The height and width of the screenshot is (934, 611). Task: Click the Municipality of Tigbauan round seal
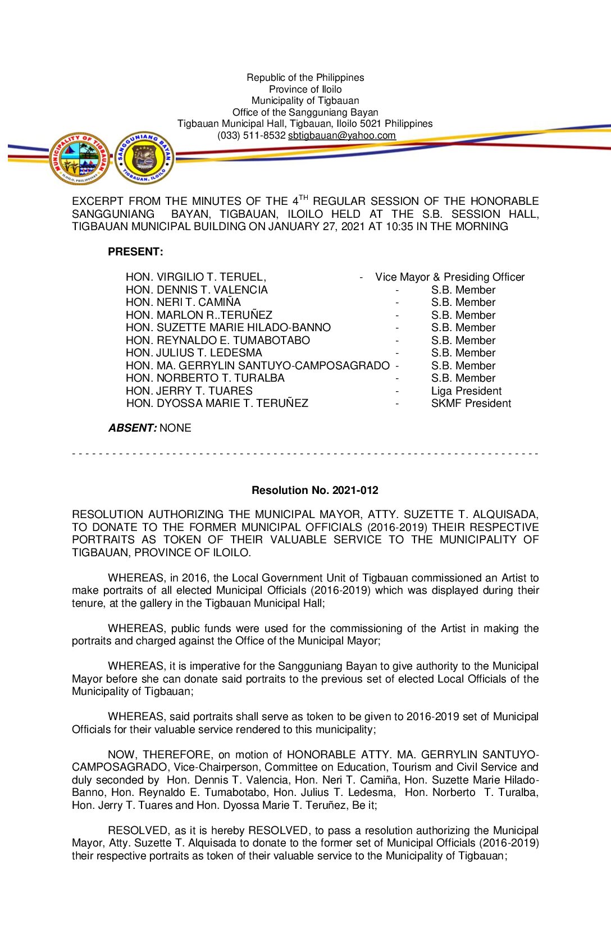pos(79,158)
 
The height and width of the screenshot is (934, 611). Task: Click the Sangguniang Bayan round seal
pos(144,158)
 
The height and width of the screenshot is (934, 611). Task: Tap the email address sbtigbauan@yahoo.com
pos(341,135)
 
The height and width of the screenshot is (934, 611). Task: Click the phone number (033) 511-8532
pos(252,135)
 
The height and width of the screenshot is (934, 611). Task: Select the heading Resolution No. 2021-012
pos(314,490)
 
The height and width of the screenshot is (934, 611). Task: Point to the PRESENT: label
pos(135,251)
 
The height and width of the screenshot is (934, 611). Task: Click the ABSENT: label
pos(133,428)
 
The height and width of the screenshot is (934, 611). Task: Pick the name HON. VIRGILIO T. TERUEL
pos(195,277)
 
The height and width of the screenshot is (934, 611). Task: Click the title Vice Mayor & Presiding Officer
pos(450,277)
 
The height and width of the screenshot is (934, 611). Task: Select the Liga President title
pos(466,391)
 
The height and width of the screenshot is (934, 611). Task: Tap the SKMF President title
pos(471,403)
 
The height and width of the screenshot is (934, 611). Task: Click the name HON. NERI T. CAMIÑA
pos(183,302)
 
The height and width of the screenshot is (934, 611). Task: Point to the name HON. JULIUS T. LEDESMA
pos(194,352)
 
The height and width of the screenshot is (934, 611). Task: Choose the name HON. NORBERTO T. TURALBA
pos(205,378)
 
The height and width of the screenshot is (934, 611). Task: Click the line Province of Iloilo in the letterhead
pos(305,89)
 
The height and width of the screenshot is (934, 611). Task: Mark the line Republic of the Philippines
pos(305,77)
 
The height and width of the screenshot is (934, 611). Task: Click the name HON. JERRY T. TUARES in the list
pos(189,391)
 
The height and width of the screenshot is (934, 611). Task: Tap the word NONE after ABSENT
pos(175,428)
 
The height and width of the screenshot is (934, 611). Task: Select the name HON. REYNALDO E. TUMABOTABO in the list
pos(218,340)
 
